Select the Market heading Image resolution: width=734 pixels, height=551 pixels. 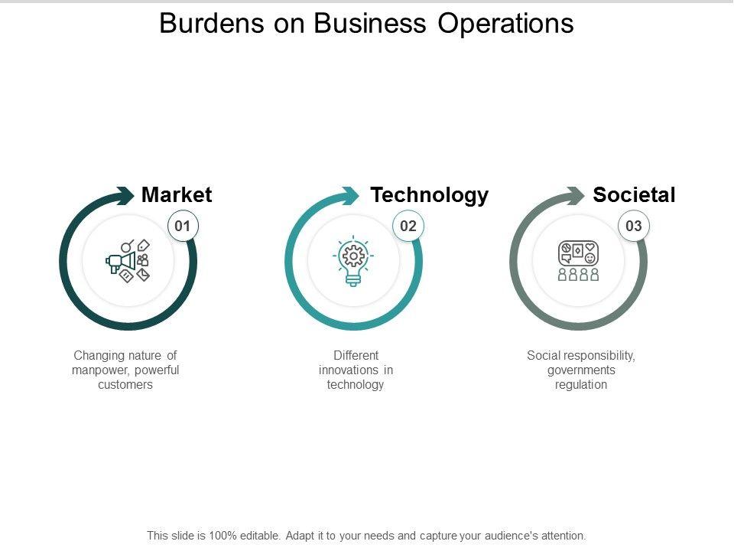(177, 195)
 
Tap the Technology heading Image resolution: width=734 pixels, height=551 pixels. (429, 195)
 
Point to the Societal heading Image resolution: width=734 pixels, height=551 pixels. (634, 195)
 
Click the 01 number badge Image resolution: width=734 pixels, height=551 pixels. (182, 226)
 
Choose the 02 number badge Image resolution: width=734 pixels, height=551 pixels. (408, 226)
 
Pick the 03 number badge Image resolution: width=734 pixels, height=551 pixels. (634, 226)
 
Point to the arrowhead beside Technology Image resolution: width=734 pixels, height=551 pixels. (349, 195)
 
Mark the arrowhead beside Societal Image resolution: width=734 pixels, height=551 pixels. (575, 195)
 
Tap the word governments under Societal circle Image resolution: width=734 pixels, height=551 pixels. (581, 370)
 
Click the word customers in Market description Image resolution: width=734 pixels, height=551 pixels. (125, 385)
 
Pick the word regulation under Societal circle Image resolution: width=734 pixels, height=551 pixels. (581, 385)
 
